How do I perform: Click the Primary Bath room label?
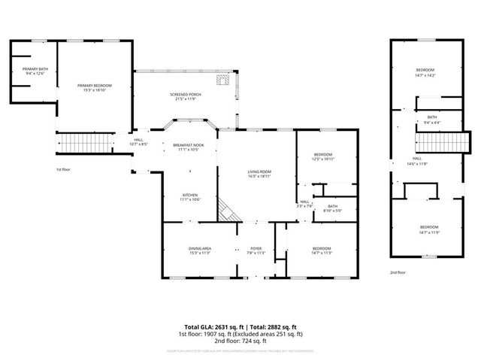point(35,71)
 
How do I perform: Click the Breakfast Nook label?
point(188,147)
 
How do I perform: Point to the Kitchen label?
point(189,197)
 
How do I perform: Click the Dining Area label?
point(199,251)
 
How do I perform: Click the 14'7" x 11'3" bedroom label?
point(321,251)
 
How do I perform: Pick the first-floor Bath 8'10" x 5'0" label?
point(332,208)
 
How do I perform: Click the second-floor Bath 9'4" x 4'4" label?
point(431,120)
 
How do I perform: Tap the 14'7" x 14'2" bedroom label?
point(425,72)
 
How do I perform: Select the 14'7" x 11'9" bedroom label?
point(429,229)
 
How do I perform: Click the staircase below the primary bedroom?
point(74,141)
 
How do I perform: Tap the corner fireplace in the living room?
point(227,211)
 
